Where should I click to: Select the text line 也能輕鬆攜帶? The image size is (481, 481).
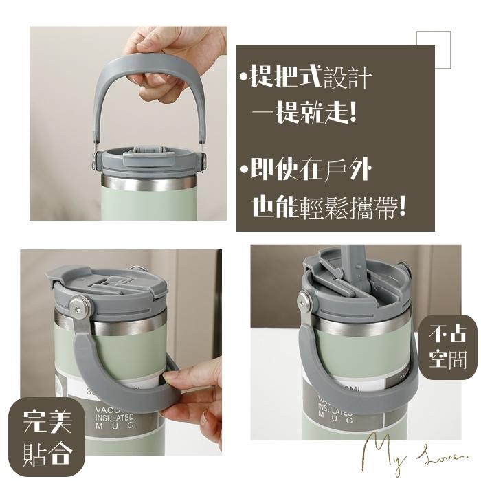point(328,207)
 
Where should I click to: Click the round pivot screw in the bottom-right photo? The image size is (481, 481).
point(304,298)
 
